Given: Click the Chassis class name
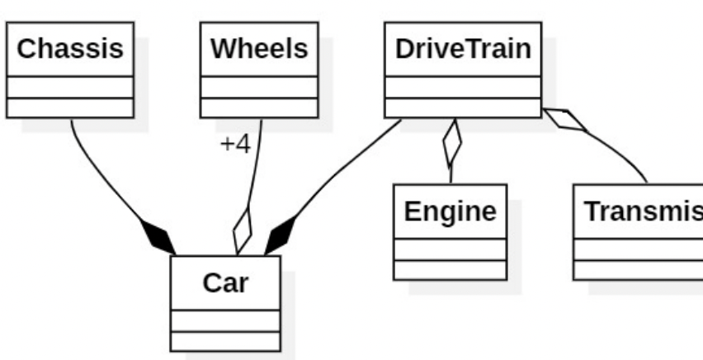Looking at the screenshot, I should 70,49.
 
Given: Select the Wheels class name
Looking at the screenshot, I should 259,49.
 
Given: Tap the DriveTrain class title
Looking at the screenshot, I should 463,49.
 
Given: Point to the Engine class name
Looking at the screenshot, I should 450,211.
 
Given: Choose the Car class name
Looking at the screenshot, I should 225,283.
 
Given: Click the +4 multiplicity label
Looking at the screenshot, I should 234,144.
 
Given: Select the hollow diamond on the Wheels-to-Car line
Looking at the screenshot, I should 243,231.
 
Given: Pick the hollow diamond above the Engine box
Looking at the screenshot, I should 451,144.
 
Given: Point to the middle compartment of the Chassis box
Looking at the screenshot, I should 70,87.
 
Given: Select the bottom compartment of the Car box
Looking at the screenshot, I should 225,341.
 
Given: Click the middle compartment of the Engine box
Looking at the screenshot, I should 450,249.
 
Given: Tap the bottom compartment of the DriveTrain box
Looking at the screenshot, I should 463,107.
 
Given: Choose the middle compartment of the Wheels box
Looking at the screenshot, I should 259,87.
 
